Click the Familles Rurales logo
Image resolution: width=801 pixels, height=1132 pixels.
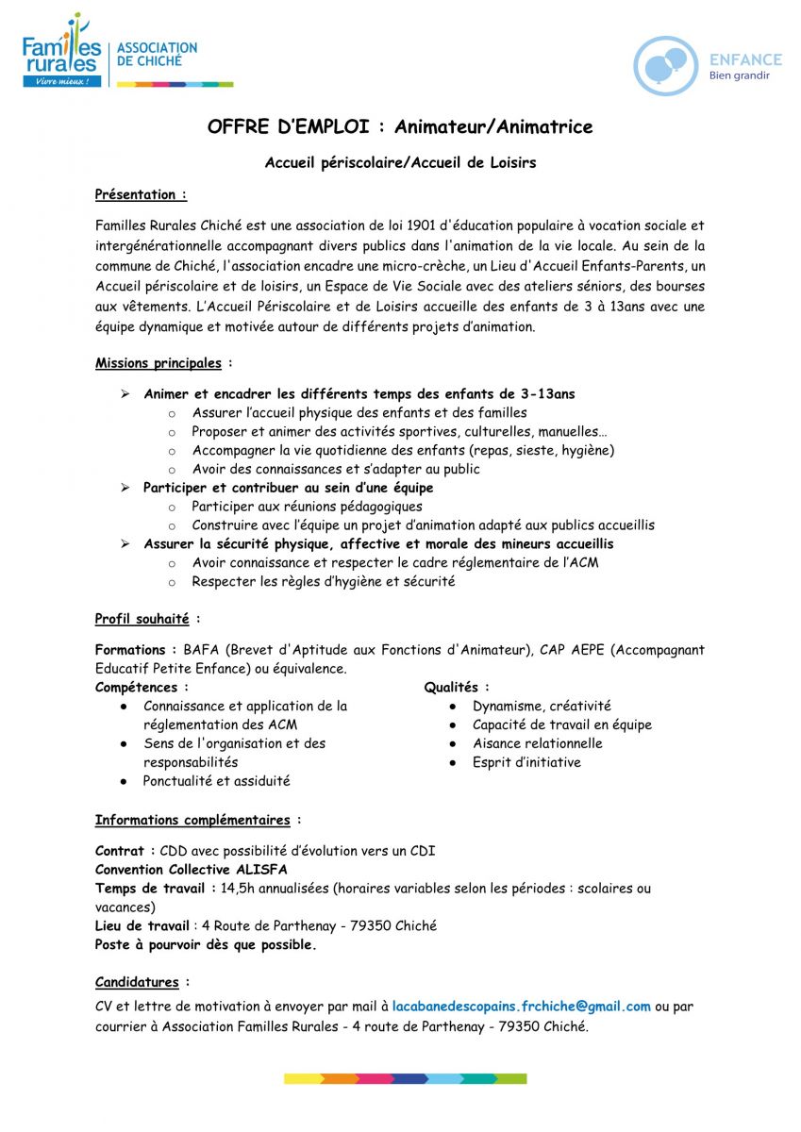pyautogui.click(x=62, y=52)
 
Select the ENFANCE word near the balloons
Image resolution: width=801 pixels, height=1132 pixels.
pyautogui.click(x=745, y=58)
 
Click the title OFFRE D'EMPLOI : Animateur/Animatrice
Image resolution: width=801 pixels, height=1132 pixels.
pyautogui.click(x=400, y=126)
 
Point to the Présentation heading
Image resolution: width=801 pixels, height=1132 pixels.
pyautogui.click(x=140, y=194)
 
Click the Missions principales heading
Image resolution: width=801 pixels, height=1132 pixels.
pyautogui.click(x=159, y=363)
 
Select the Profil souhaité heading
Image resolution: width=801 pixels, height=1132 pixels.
pyautogui.click(x=142, y=619)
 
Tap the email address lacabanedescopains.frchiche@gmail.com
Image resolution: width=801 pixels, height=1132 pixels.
pyautogui.click(x=521, y=1007)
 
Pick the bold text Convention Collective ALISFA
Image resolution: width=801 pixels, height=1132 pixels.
pyautogui.click(x=191, y=870)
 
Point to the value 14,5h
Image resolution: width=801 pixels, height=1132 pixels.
pyautogui.click(x=237, y=889)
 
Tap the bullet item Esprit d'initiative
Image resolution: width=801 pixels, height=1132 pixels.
pyautogui.click(x=526, y=762)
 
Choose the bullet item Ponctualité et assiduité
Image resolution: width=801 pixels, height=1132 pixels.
pyautogui.click(x=216, y=781)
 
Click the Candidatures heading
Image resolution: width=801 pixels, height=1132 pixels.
pyautogui.click(x=137, y=982)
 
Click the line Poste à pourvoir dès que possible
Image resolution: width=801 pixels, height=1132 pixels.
pyautogui.click(x=206, y=944)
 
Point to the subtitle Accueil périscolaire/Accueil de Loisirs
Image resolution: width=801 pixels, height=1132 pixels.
pyautogui.click(x=400, y=162)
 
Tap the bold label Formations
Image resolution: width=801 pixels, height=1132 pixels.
pyautogui.click(x=130, y=650)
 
